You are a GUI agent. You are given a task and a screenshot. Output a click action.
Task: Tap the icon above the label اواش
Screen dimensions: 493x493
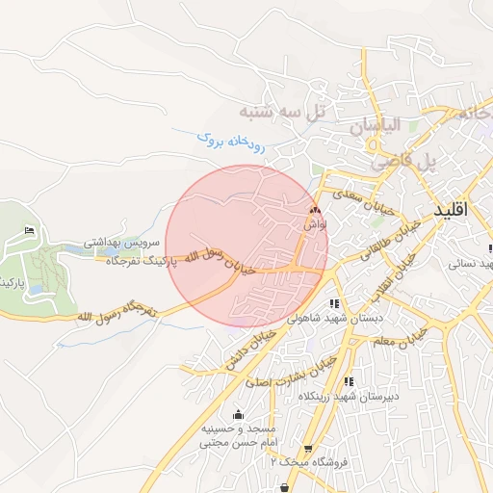(x=314, y=209)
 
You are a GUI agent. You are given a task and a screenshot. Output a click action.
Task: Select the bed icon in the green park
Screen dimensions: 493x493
(x=29, y=230)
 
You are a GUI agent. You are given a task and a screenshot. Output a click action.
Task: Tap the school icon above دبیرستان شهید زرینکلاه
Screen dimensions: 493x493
(x=348, y=381)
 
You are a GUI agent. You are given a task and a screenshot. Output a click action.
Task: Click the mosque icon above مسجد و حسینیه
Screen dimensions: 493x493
(x=238, y=414)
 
